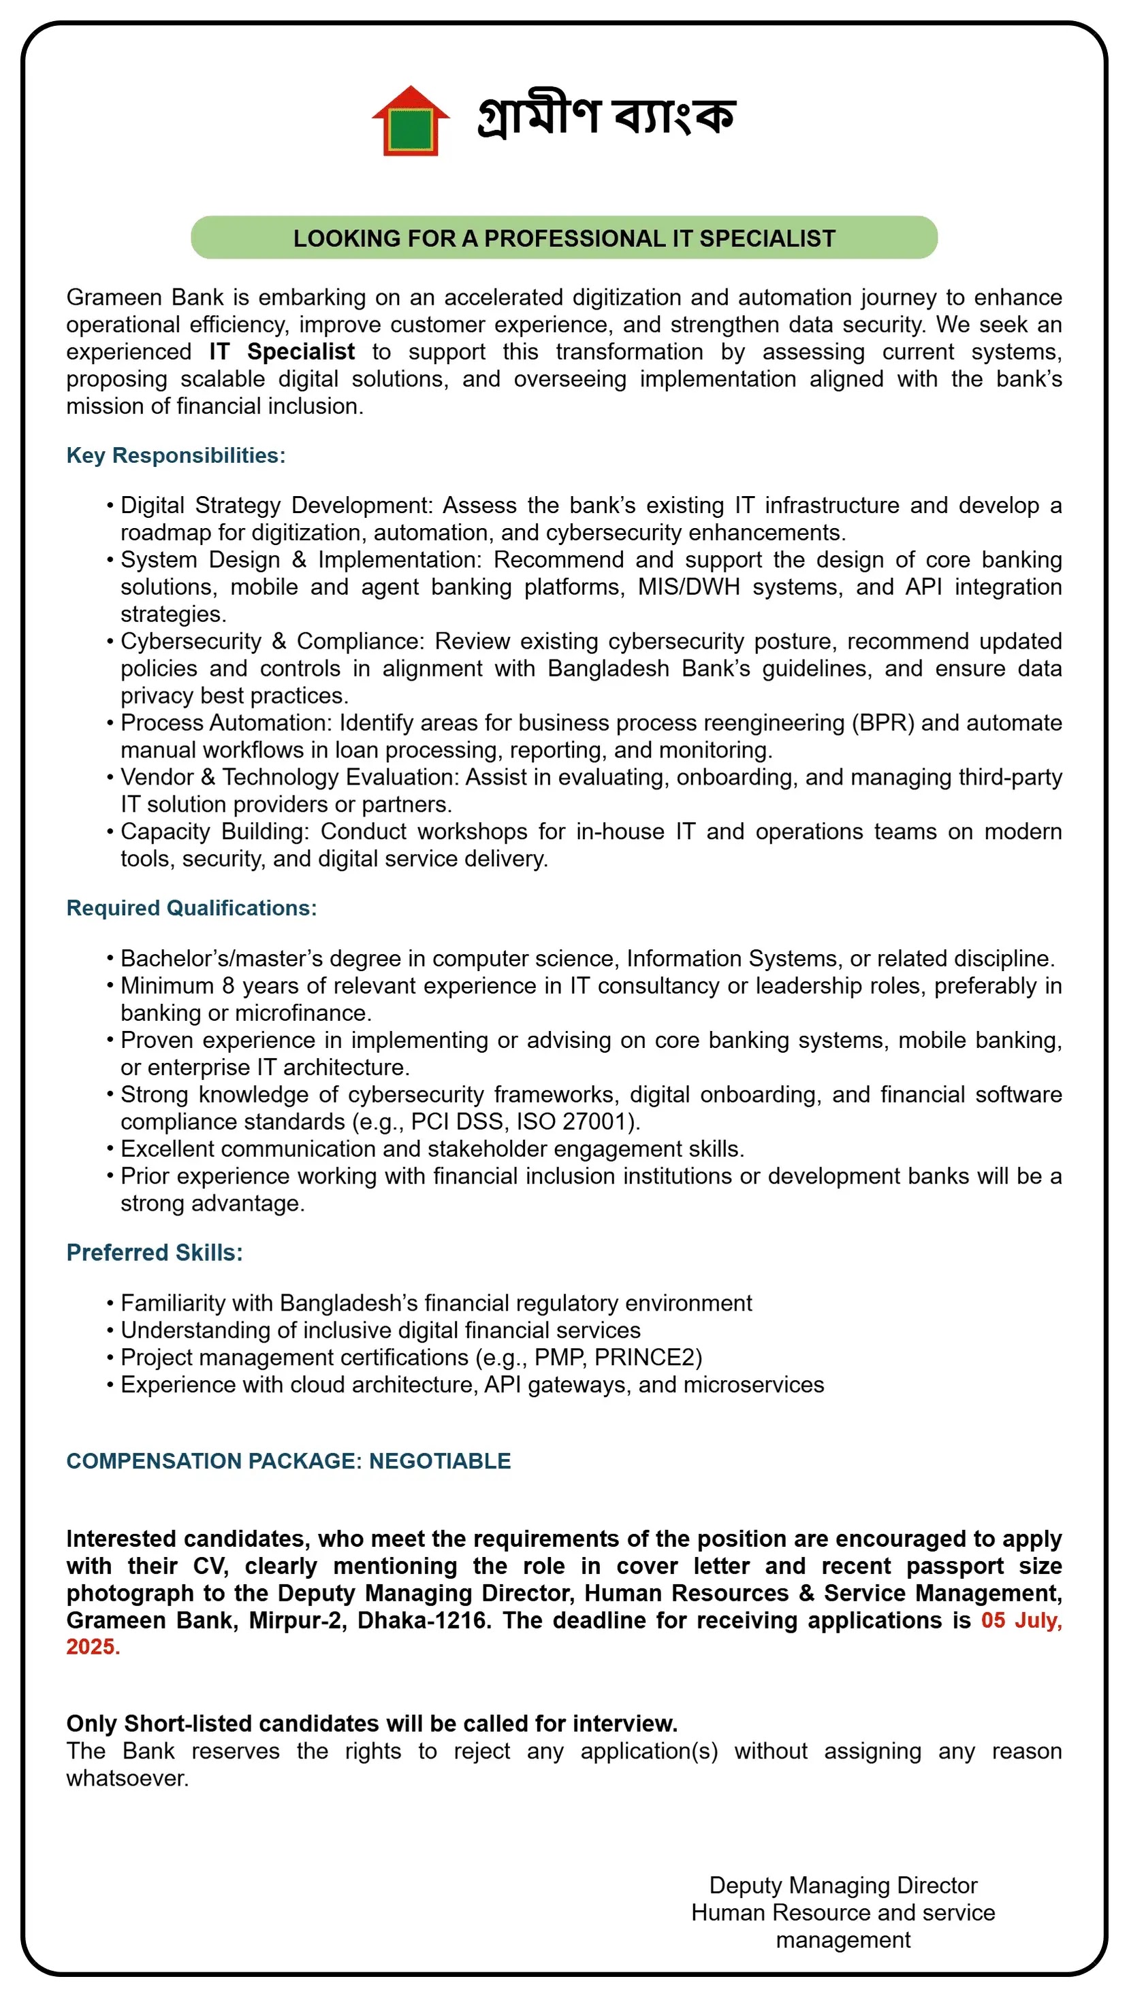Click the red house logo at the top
(411, 121)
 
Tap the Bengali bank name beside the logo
(606, 116)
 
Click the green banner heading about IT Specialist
(564, 238)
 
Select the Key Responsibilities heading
(176, 455)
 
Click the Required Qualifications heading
(191, 908)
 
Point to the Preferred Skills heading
(155, 1253)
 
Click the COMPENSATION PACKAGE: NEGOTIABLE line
(289, 1460)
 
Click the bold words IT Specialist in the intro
(282, 351)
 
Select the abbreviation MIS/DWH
(688, 587)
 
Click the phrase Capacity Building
(214, 832)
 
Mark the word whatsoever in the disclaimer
(127, 1778)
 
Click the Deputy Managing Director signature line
(843, 1885)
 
